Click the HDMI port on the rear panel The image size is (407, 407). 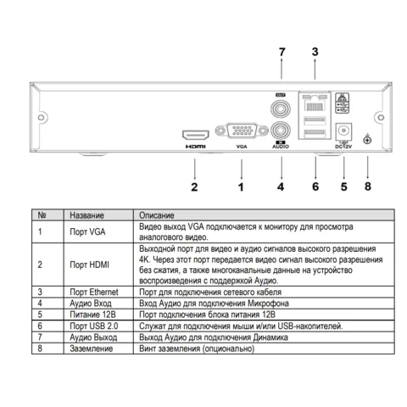click(x=196, y=135)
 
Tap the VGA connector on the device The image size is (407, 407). click(x=242, y=131)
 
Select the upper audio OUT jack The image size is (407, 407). click(x=281, y=109)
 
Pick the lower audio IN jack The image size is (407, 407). click(x=281, y=131)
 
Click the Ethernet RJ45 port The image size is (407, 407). click(x=315, y=103)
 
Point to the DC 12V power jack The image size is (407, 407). click(x=343, y=131)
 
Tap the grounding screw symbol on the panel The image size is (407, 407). click(x=367, y=140)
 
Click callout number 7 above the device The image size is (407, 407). click(x=282, y=52)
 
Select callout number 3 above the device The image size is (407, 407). click(x=315, y=52)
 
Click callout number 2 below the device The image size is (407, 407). click(x=194, y=187)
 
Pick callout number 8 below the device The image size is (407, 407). click(x=368, y=187)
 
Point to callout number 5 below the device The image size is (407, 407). click(x=343, y=187)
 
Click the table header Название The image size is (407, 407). click(x=86, y=215)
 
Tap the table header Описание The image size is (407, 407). click(x=157, y=215)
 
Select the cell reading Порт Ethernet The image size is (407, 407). click(x=94, y=292)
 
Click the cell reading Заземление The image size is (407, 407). click(x=92, y=348)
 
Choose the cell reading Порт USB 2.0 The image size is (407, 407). click(x=94, y=326)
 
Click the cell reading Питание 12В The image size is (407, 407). click(x=92, y=315)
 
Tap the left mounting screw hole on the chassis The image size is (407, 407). click(x=41, y=117)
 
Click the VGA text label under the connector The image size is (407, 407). click(x=242, y=147)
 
